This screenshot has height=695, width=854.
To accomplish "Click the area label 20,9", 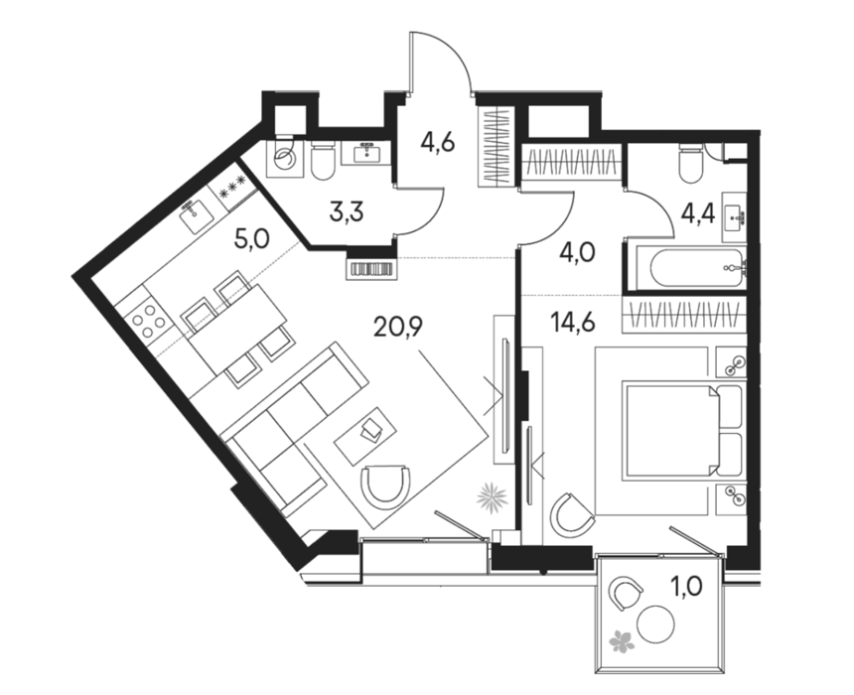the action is [398, 327].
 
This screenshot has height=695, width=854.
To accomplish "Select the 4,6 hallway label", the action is [437, 143].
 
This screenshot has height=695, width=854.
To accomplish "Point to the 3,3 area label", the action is [347, 211].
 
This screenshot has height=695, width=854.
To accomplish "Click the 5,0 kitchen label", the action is [251, 239].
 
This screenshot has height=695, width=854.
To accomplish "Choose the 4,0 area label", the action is [577, 253].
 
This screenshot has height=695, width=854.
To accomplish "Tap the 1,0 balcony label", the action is [686, 587].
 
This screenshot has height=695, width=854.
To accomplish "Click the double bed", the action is [683, 431].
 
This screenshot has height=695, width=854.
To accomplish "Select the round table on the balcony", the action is [655, 625].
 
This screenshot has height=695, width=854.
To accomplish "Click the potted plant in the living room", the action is [492, 496].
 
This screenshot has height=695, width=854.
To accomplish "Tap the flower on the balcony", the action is [622, 640].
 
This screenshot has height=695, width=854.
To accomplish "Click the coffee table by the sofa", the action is [366, 436].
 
